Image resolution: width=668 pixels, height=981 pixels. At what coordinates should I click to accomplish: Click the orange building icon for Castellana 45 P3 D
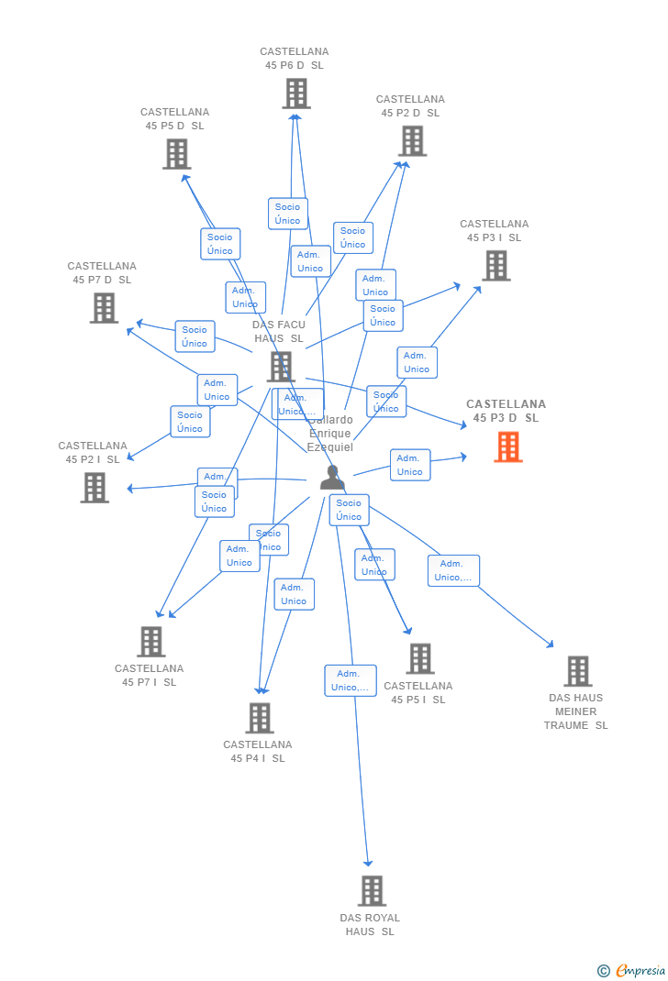508,447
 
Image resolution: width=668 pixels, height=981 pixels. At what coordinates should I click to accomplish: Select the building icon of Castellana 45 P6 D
296,94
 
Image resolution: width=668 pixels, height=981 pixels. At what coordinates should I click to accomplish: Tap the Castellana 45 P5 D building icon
176,154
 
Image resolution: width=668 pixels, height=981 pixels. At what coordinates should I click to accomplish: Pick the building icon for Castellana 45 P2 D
412,141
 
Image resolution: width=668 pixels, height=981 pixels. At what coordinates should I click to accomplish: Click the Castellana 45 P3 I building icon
495,266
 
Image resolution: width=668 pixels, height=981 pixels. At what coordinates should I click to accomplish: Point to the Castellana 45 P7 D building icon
104,308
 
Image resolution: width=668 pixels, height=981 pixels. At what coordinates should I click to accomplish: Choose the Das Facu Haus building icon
281,367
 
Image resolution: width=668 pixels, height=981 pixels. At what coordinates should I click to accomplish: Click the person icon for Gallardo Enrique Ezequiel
331,478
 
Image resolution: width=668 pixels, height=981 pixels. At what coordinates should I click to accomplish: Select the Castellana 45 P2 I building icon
95,488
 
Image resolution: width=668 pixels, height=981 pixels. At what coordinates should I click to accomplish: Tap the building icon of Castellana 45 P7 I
151,642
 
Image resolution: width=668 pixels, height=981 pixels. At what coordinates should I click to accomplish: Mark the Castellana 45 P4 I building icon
260,718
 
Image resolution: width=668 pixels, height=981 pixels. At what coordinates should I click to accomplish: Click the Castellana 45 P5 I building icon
419,658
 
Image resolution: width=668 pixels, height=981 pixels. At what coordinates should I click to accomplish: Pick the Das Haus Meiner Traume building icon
577,671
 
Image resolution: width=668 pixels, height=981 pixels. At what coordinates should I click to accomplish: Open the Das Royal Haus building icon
372,890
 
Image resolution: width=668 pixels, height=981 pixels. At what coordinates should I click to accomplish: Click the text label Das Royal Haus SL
370,924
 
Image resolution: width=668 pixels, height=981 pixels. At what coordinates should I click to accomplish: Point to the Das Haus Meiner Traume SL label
576,711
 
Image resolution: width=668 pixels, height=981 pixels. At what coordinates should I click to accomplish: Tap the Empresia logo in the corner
632,970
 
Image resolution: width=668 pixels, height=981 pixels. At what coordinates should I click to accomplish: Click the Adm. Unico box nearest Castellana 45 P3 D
409,465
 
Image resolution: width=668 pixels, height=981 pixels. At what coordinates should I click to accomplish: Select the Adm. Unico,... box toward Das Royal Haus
350,680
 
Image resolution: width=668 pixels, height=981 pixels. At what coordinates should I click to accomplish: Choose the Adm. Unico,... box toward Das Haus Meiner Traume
453,570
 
